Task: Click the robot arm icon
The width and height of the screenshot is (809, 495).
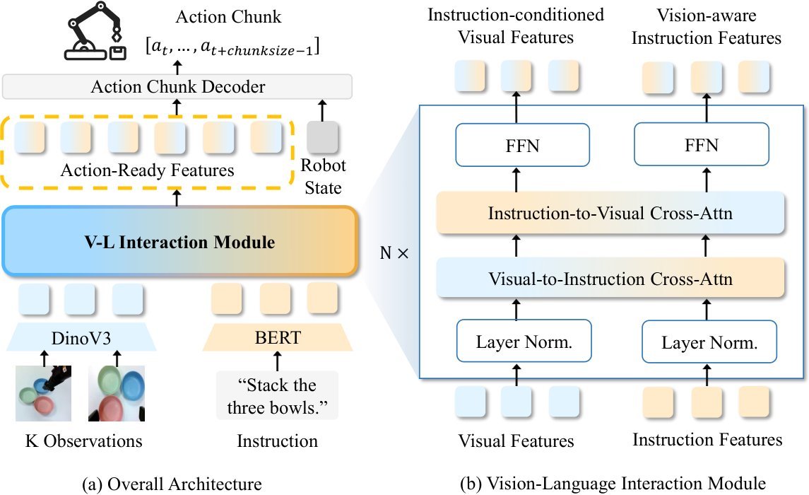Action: tap(95, 31)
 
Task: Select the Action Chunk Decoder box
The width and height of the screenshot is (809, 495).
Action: tap(177, 87)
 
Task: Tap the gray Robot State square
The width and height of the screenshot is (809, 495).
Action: tap(322, 137)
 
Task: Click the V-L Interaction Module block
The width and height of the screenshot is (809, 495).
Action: tap(180, 242)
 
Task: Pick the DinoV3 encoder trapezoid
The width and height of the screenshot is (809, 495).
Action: tap(81, 337)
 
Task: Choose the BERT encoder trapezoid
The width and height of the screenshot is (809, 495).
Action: tap(278, 337)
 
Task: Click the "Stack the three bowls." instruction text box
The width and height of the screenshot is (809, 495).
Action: tap(277, 396)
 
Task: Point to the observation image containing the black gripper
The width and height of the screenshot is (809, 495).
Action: tap(43, 393)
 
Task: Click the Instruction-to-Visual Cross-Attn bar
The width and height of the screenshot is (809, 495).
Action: tap(610, 213)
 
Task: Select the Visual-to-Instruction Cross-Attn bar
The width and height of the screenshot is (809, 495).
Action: tap(610, 279)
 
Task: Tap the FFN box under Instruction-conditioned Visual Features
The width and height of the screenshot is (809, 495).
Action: tap(522, 145)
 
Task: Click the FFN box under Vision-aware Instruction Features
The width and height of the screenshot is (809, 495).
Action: tap(701, 144)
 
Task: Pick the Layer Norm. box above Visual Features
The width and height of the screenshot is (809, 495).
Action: tap(524, 341)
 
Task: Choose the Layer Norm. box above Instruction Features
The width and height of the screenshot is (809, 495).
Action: tap(709, 342)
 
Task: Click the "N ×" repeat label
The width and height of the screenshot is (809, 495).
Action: tap(394, 253)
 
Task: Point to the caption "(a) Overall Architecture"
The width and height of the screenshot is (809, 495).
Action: tap(172, 484)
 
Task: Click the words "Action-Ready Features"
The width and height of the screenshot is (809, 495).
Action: tap(147, 170)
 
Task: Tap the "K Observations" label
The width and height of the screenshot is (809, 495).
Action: tap(83, 441)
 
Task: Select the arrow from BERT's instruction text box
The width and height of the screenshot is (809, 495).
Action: tap(278, 361)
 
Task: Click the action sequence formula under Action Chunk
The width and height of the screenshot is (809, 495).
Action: tap(232, 47)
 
